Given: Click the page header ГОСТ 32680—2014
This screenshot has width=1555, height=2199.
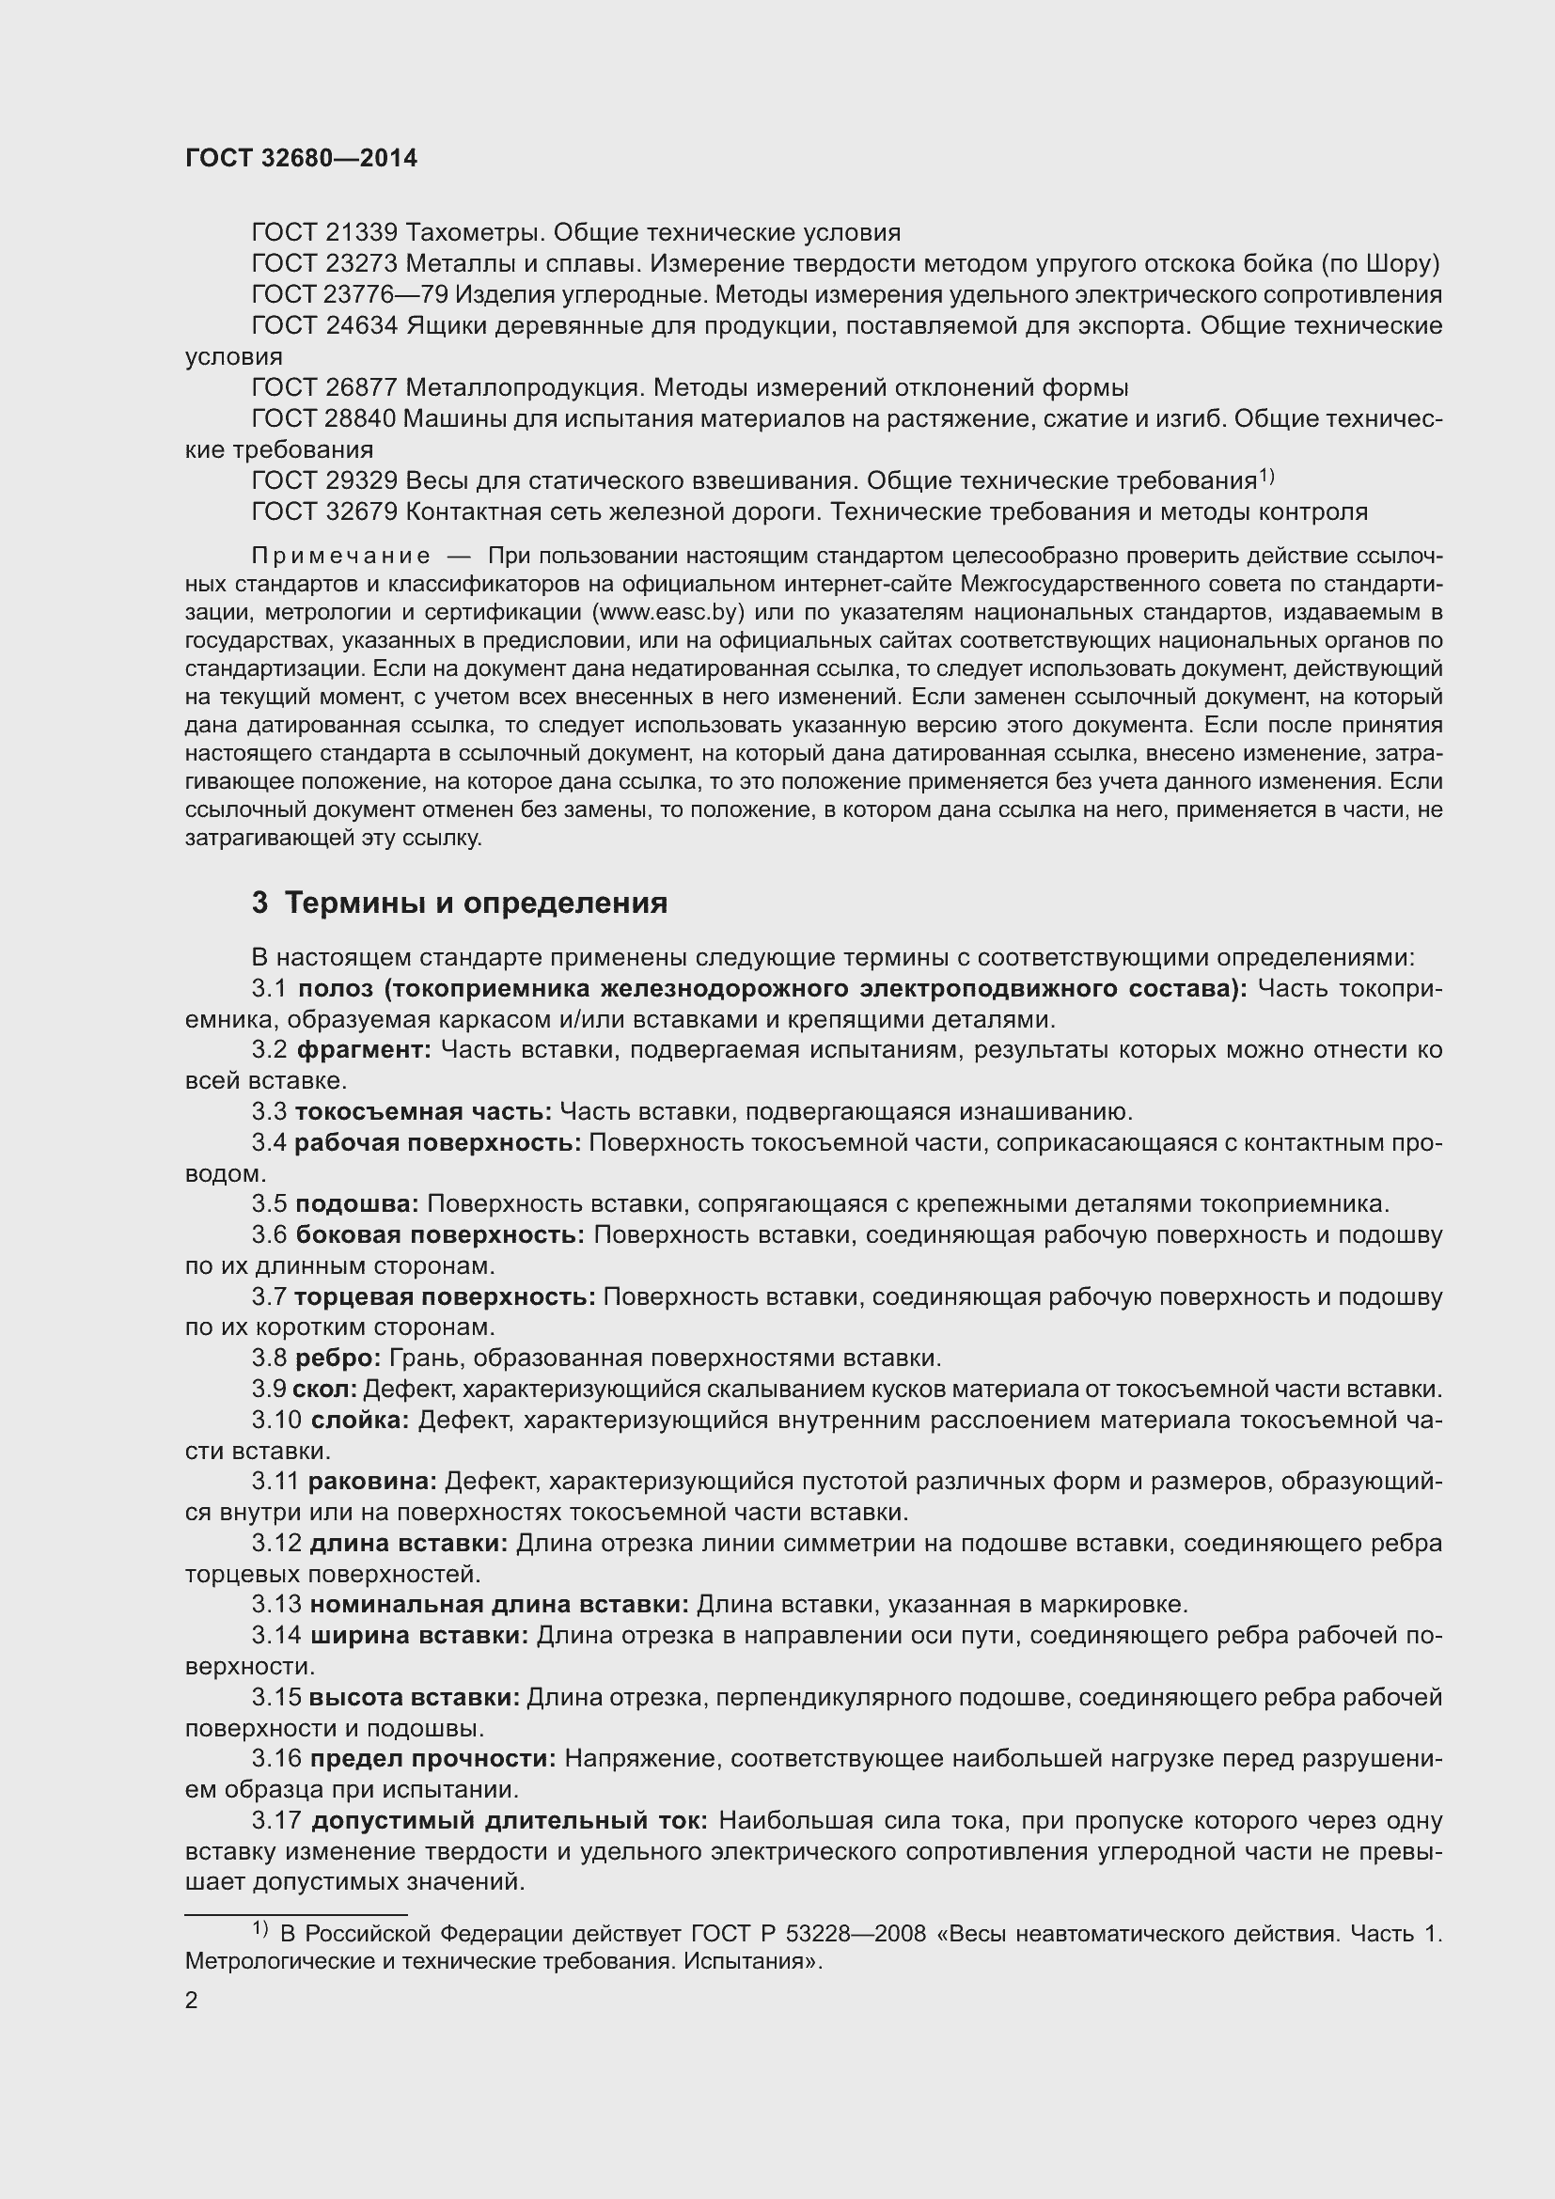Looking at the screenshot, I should coord(301,159).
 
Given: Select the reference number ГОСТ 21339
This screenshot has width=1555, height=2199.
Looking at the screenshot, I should coord(323,233).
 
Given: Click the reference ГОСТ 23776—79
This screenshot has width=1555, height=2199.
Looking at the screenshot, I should coord(350,295).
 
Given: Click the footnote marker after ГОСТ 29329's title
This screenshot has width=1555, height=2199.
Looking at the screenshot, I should coord(1265,475).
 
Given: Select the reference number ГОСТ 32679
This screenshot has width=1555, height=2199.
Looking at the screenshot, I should coord(323,512).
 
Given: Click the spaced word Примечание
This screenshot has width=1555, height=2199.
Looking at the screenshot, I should coord(340,557).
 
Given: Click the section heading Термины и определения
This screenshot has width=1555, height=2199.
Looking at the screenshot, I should coord(476,903).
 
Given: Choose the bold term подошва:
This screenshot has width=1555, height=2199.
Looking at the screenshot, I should coord(356,1204).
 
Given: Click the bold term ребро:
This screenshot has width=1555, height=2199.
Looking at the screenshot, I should coord(338,1359).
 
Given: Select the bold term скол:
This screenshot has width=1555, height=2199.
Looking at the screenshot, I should coord(324,1389).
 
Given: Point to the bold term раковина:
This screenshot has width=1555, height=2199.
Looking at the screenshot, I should coord(371,1482).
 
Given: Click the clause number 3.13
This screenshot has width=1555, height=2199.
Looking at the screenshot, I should coord(275,1604).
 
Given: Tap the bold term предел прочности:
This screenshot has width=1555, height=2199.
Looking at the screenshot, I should coord(432,1758).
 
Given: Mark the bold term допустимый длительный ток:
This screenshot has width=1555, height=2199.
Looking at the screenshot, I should coord(510,1821).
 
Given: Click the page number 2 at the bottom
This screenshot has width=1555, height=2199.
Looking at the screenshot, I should coord(192,2001).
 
